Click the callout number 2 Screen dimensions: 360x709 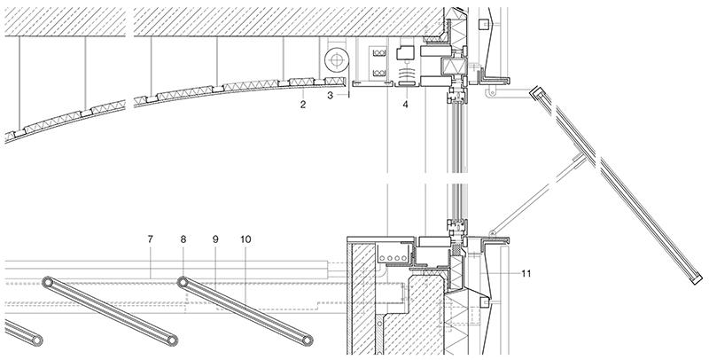coord(303,105)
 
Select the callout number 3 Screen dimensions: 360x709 coord(330,93)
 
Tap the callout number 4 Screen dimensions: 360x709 coord(405,105)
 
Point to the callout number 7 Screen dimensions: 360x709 coord(151,239)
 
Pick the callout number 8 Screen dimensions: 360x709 coord(183,239)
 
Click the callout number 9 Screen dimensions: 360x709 coord(214,239)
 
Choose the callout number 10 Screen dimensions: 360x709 coord(245,239)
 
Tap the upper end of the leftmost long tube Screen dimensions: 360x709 coord(47,282)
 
